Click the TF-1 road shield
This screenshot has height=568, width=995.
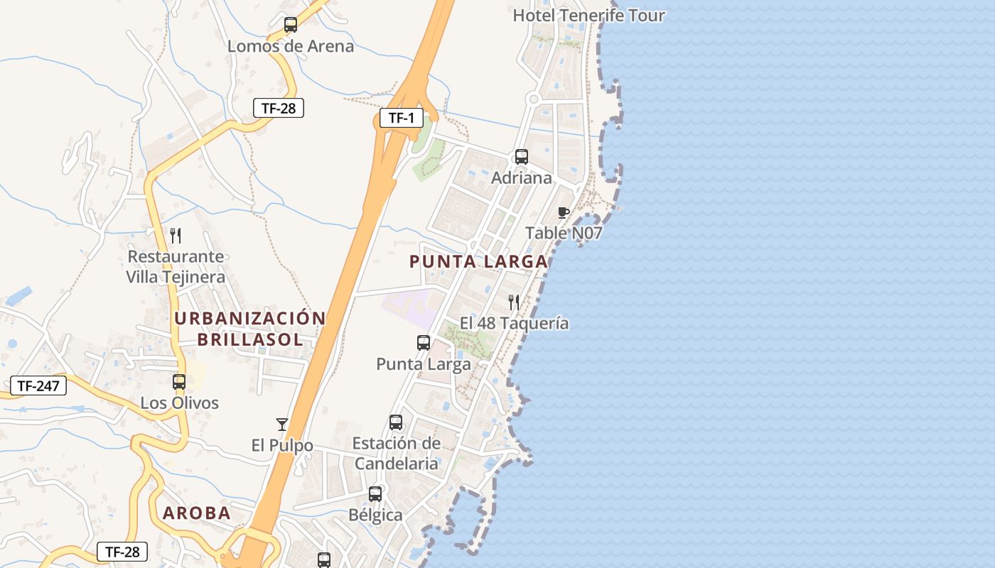402,118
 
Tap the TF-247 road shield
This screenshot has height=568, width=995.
38,386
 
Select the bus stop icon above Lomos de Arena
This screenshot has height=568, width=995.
290,25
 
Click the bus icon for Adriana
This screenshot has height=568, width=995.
522,157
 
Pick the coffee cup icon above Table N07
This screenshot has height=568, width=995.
564,212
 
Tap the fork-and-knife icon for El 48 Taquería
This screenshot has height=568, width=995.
514,302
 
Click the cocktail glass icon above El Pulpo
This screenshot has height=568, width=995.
282,425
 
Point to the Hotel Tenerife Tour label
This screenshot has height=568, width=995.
588,16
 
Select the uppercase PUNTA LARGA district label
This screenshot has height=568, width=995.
478,261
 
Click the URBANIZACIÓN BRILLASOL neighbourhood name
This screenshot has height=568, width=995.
250,329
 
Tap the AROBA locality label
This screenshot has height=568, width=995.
197,513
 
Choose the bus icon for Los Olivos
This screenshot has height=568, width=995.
179,382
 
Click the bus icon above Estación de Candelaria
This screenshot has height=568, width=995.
396,422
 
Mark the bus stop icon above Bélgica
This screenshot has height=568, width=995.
375,494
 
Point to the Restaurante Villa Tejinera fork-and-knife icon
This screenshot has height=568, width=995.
176,236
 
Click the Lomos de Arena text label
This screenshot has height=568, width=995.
290,47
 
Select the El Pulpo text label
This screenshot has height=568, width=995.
282,446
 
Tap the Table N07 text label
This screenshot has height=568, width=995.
564,233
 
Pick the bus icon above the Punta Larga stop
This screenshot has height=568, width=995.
424,343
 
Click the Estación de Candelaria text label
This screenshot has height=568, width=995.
396,454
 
